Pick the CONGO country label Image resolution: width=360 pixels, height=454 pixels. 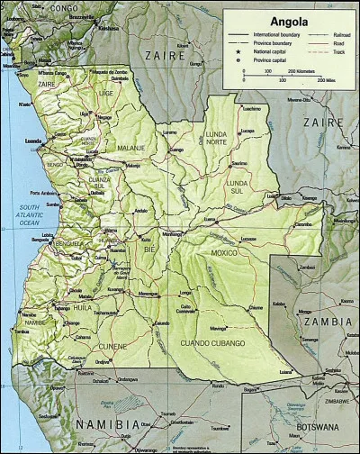[63, 8]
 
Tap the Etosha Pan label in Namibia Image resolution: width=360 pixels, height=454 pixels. [106, 403]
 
